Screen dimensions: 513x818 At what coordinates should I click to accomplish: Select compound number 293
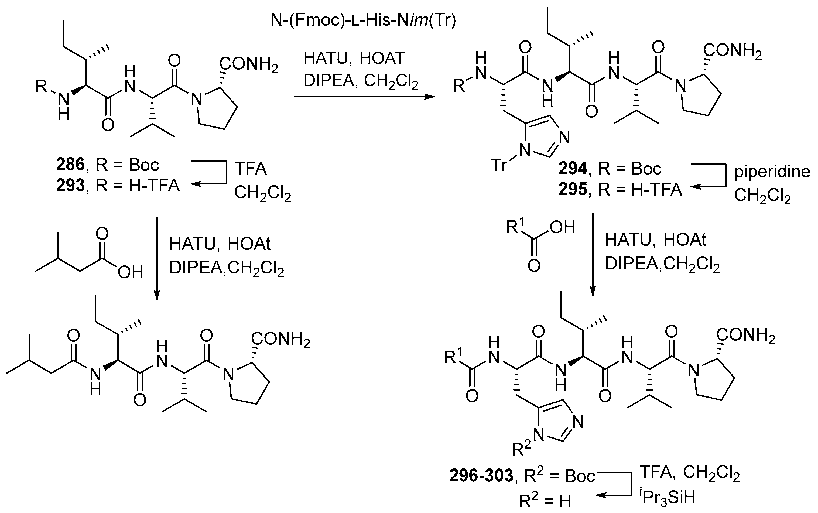pos(70,186)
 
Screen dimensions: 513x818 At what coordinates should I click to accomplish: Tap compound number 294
pos(573,169)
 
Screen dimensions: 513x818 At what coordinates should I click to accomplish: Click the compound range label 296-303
pos(481,476)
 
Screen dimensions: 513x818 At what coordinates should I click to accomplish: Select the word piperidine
pos(772,172)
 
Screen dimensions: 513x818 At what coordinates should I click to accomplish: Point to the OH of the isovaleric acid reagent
pos(130,272)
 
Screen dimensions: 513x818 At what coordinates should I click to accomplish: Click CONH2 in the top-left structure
pos(249,63)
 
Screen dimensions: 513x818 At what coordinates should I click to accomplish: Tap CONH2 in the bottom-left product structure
pos(280,338)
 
